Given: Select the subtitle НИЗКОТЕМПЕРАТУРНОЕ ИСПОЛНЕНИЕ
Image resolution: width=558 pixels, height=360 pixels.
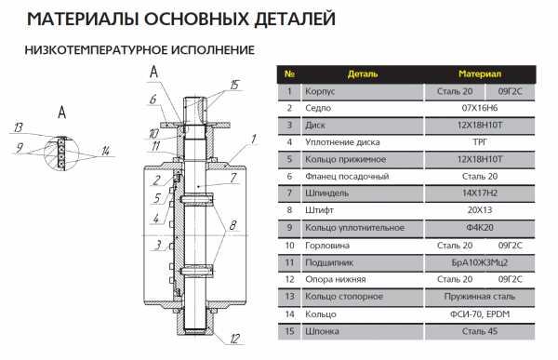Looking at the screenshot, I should point(139,49).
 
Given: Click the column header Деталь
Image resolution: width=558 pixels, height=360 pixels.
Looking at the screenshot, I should point(363,73).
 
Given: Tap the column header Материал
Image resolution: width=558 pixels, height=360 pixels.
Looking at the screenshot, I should point(480,73).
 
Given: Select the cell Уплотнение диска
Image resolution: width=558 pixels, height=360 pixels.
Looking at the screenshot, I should point(343,142).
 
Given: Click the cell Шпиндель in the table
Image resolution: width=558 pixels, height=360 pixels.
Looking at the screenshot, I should point(329,193).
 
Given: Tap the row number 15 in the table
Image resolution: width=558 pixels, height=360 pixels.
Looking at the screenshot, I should point(290,330).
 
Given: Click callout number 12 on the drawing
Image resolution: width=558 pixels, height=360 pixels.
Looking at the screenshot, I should point(235,338).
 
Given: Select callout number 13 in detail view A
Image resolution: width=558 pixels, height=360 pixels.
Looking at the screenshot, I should point(18,127).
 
